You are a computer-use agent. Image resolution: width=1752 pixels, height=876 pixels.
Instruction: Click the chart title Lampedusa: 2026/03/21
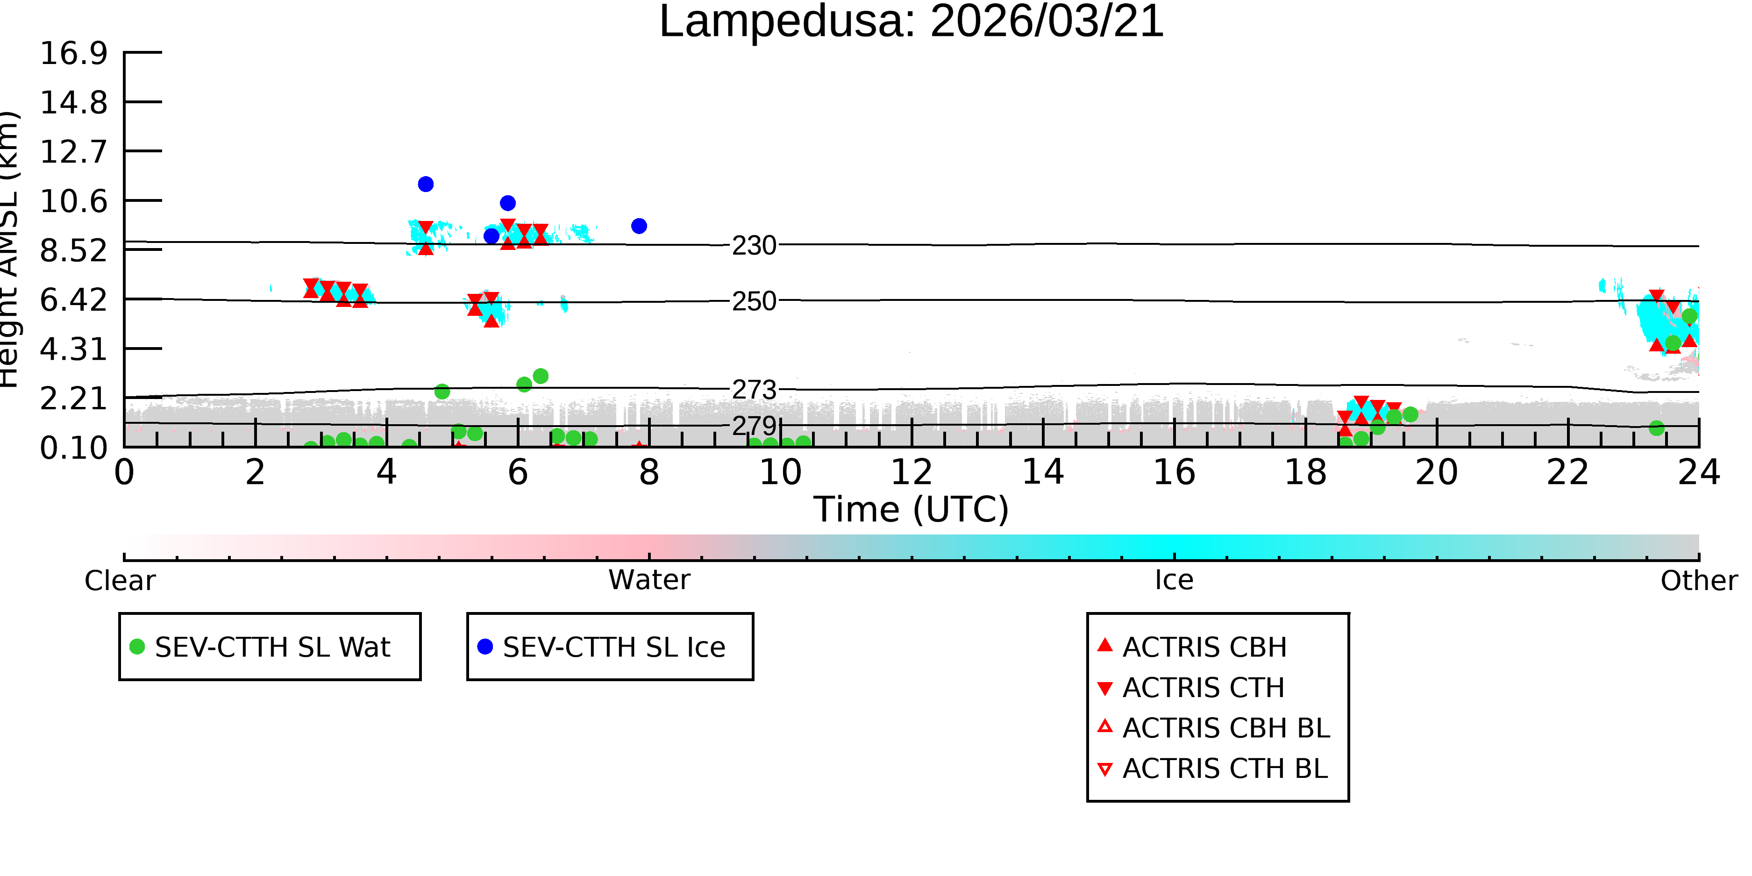pyautogui.click(x=912, y=22)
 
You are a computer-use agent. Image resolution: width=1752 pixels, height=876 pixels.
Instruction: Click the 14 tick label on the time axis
pyautogui.click(x=1043, y=472)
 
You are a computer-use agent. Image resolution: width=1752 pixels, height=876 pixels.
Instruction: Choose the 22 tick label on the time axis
pyautogui.click(x=1567, y=472)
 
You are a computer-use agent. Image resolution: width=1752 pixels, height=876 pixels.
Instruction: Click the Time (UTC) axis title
pyautogui.click(x=912, y=509)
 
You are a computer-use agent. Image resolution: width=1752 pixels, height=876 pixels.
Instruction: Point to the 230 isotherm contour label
pyautogui.click(x=754, y=246)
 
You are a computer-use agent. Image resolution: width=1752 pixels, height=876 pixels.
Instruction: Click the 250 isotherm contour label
pyautogui.click(x=754, y=301)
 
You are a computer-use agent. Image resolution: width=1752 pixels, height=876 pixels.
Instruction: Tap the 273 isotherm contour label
pyautogui.click(x=754, y=390)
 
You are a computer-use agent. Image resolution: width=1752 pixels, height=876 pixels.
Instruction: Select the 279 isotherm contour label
pyautogui.click(x=754, y=426)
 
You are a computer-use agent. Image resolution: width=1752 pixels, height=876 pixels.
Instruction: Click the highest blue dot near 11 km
pyautogui.click(x=426, y=185)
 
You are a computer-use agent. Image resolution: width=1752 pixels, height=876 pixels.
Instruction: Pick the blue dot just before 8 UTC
pyautogui.click(x=639, y=226)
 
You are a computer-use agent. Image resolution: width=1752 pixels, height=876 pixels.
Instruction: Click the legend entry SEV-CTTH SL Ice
pyautogui.click(x=602, y=647)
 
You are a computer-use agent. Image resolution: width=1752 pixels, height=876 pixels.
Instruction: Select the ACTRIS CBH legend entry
pyautogui.click(x=1192, y=647)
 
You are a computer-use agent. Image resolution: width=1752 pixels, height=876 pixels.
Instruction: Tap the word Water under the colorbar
pyautogui.click(x=649, y=580)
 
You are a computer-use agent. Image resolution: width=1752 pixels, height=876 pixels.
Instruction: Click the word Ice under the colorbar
pyautogui.click(x=1174, y=580)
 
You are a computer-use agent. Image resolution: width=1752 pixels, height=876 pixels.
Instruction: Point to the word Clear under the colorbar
pyautogui.click(x=120, y=581)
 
